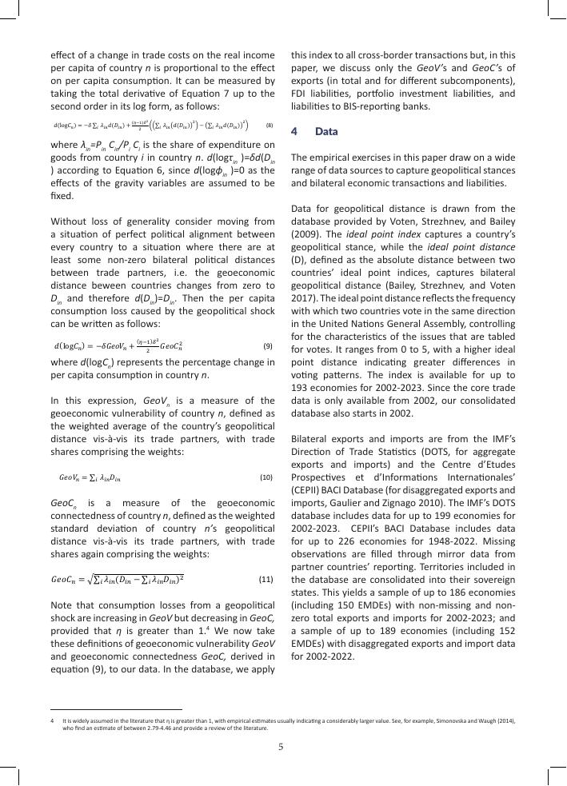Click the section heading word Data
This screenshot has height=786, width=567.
pyautogui.click(x=327, y=130)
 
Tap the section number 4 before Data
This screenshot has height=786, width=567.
pyautogui.click(x=294, y=130)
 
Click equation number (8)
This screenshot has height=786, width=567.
pyautogui.click(x=270, y=125)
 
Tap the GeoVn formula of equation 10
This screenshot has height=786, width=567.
pyautogui.click(x=90, y=477)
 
